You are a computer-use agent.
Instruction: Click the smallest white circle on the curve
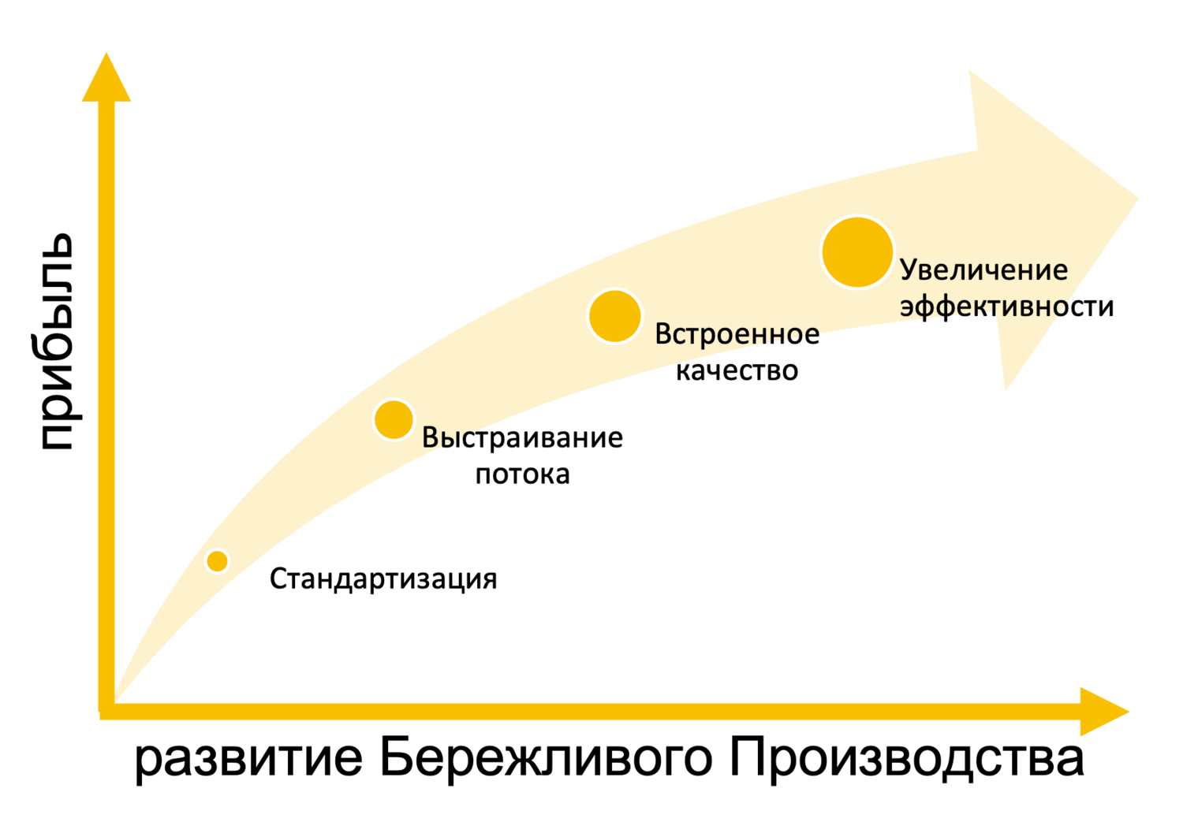pyautogui.click(x=217, y=561)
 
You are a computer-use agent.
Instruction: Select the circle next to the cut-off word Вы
pyautogui.click(x=394, y=419)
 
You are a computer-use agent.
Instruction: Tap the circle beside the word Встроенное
pyautogui.click(x=615, y=316)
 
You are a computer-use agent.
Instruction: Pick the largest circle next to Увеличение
pyautogui.click(x=857, y=252)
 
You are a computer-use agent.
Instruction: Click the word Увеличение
pyautogui.click(x=983, y=270)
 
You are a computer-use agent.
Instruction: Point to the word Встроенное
pyautogui.click(x=737, y=334)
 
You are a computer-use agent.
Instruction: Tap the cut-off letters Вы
pyautogui.click(x=441, y=437)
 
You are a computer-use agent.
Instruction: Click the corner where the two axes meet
pyautogui.click(x=106, y=711)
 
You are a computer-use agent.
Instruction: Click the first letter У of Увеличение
pyautogui.click(x=908, y=270)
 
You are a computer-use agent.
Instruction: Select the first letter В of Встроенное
pyautogui.click(x=662, y=334)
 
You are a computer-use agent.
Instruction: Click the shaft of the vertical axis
pyautogui.click(x=106, y=394)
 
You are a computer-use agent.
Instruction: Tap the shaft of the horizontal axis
pyautogui.click(x=591, y=712)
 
